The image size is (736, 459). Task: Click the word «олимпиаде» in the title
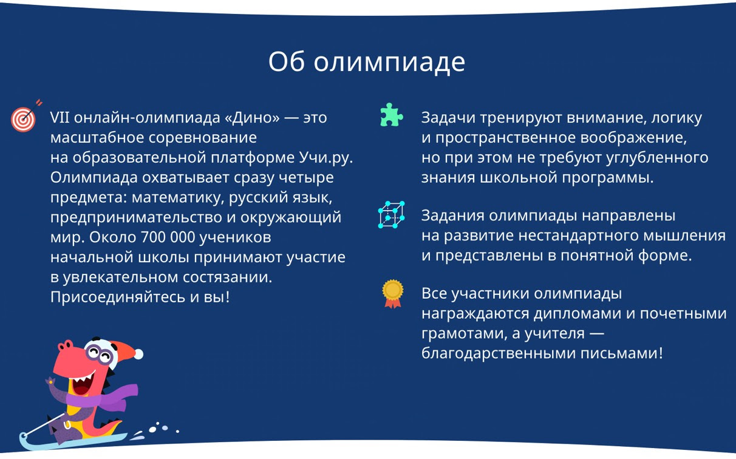click(x=389, y=63)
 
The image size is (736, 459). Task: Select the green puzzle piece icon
click(x=391, y=115)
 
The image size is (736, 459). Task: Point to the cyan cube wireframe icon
click(x=391, y=214)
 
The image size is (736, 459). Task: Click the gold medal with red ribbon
click(x=393, y=293)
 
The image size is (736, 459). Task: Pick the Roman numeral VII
click(x=60, y=117)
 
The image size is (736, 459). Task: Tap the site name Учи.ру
click(x=326, y=158)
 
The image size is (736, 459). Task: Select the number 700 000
click(x=168, y=237)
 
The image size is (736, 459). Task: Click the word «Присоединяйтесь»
click(x=118, y=297)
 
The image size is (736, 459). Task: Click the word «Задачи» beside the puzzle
click(x=448, y=118)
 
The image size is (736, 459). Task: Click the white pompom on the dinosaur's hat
click(x=138, y=354)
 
